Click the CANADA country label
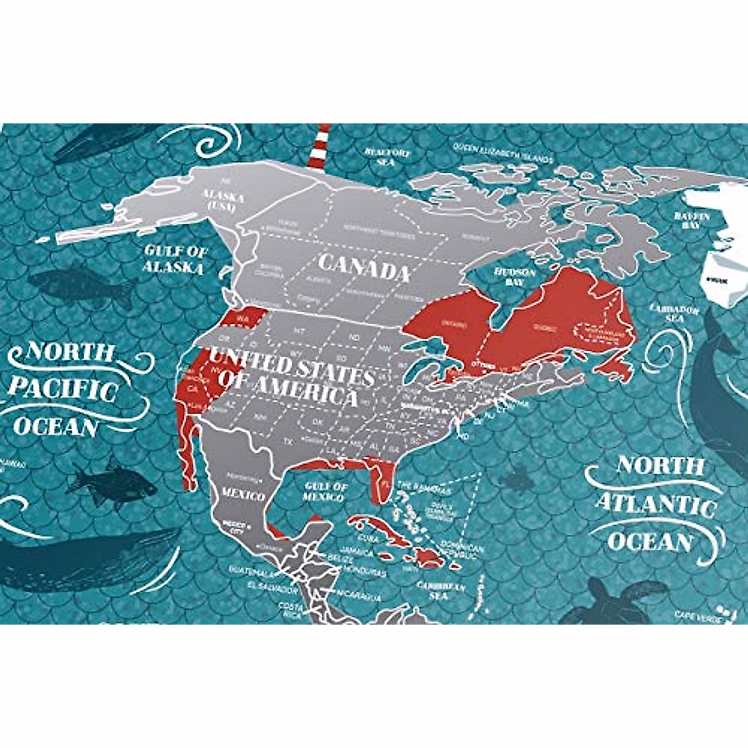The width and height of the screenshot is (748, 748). coord(364,268)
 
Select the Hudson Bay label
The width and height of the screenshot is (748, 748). coord(515,277)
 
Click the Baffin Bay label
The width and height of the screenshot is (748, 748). coord(692,221)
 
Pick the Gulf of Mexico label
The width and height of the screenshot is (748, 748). coord(324,491)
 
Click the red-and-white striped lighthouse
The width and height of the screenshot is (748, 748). coord(322,146)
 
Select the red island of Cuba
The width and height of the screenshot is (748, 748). coord(377,528)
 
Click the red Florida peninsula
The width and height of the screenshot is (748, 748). coord(380,483)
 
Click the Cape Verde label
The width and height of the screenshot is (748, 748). coord(698,616)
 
